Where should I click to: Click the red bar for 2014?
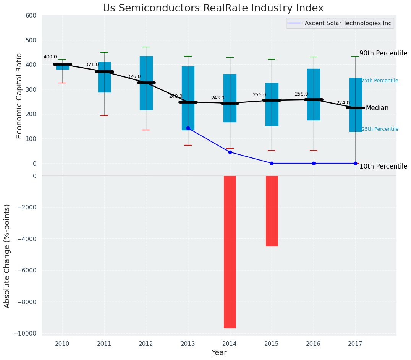click(230, 251)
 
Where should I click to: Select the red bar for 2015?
click(272, 211)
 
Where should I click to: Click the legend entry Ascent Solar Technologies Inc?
click(348, 23)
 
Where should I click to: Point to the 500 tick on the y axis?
click(31, 40)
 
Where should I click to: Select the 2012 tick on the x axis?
click(146, 344)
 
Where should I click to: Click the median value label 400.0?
click(50, 57)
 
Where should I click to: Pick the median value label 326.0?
click(134, 76)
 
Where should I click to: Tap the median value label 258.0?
click(301, 94)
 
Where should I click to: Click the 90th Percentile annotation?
click(383, 53)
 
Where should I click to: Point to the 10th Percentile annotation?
click(383, 166)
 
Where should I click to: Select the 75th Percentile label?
click(380, 81)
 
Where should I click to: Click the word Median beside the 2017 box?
click(377, 108)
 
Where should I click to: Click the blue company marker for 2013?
click(188, 128)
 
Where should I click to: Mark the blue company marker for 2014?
click(230, 152)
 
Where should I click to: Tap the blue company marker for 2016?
click(314, 163)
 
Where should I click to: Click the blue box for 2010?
click(63, 67)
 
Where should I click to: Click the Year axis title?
click(219, 353)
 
